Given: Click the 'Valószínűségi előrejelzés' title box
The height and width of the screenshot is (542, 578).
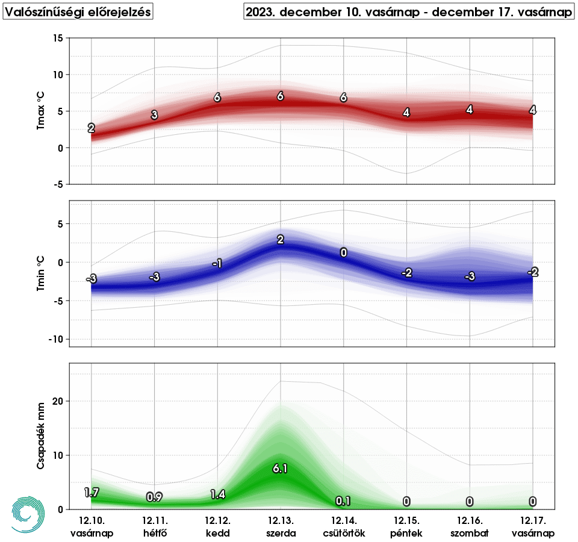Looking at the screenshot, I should pyautogui.click(x=77, y=11).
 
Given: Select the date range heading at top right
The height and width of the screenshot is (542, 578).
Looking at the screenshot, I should pyautogui.click(x=408, y=11).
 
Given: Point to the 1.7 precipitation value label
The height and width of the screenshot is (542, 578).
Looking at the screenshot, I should pyautogui.click(x=92, y=493).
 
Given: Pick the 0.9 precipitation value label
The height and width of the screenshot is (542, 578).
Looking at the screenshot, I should pyautogui.click(x=154, y=497).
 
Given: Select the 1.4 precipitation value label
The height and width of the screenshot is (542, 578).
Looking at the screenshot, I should pyautogui.click(x=217, y=494).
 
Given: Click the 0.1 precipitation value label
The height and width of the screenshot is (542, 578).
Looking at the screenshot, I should pyautogui.click(x=343, y=501).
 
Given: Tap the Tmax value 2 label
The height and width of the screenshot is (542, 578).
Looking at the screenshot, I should pyautogui.click(x=92, y=128).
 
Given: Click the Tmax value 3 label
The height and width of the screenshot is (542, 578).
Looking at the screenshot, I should pyautogui.click(x=154, y=115).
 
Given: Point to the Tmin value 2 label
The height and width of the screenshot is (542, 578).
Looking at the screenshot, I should pyautogui.click(x=280, y=240).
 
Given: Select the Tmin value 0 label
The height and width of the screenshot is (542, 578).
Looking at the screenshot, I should pyautogui.click(x=343, y=252).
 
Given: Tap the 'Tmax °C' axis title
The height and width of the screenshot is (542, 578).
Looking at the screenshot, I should pyautogui.click(x=41, y=111).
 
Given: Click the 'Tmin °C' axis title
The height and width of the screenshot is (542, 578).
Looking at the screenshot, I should pyautogui.click(x=41, y=274).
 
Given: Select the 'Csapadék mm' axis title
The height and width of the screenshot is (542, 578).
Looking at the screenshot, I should pyautogui.click(x=41, y=436).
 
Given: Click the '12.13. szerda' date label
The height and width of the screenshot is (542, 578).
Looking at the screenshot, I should pyautogui.click(x=280, y=526).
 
